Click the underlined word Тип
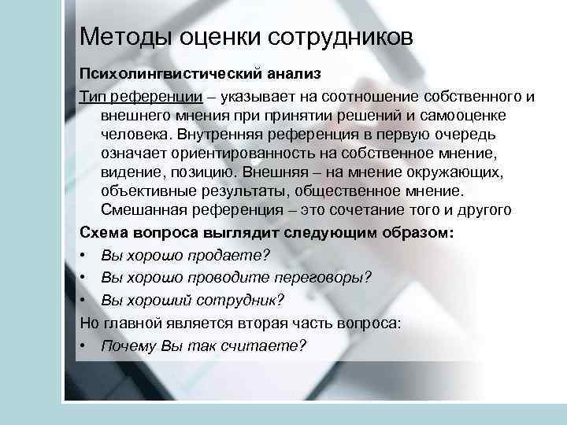92,96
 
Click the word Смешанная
143,209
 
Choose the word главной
135,323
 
